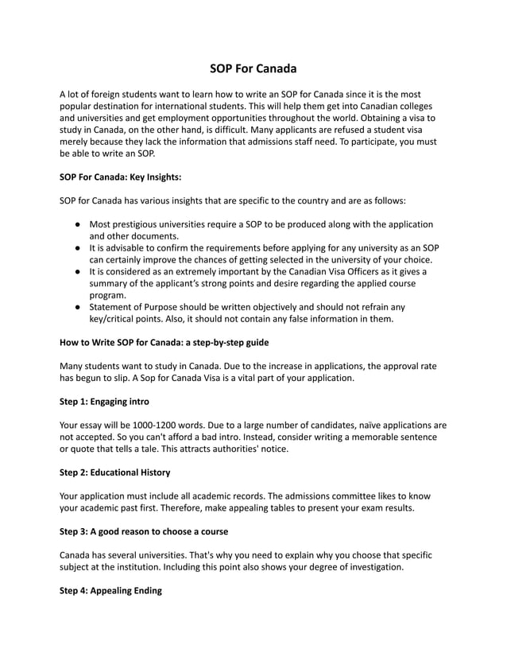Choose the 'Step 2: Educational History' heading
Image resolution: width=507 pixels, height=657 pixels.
114,472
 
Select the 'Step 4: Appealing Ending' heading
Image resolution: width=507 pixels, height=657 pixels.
110,591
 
